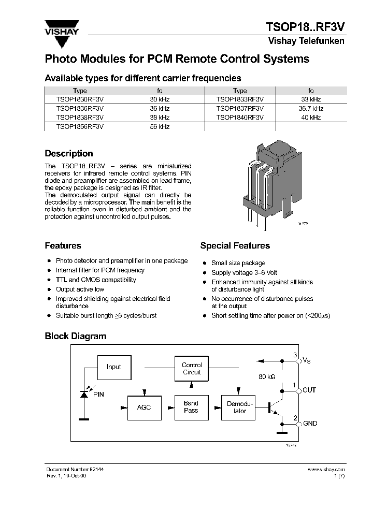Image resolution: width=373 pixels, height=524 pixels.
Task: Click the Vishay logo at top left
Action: click(x=62, y=27)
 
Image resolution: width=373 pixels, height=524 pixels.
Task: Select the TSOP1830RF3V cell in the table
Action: click(x=80, y=99)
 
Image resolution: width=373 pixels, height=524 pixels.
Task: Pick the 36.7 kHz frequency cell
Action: click(x=311, y=109)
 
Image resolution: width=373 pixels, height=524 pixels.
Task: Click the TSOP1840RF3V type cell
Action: click(x=240, y=118)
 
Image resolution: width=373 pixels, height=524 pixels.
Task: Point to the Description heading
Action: click(x=69, y=154)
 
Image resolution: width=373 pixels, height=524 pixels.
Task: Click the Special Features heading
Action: click(x=235, y=246)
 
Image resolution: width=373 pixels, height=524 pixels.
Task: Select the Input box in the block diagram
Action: click(x=113, y=367)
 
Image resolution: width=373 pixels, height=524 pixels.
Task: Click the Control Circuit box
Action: click(x=192, y=369)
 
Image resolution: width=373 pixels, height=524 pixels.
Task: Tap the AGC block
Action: click(x=144, y=407)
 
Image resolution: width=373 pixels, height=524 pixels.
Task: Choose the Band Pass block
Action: click(x=191, y=407)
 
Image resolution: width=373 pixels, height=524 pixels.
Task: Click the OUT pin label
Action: click(x=309, y=390)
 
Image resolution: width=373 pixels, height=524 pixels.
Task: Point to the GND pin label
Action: click(x=310, y=424)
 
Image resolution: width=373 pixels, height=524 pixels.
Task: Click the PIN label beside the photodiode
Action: click(x=98, y=395)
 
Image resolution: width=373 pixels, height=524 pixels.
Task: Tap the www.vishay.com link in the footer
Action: click(x=326, y=469)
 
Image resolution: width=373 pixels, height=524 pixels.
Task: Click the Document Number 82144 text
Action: click(x=77, y=469)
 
